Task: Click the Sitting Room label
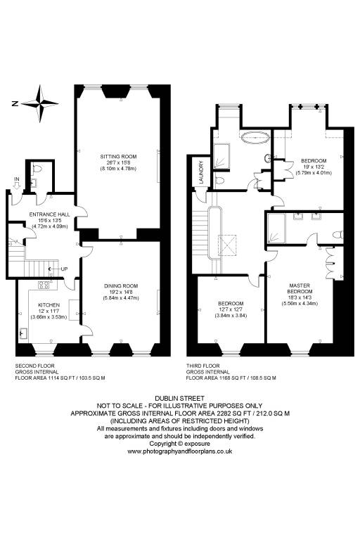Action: click(119, 157)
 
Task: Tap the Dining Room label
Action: click(121, 286)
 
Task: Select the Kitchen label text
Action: click(49, 305)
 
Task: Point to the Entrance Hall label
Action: click(50, 214)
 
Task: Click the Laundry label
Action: click(202, 172)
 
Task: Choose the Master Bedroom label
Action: click(300, 288)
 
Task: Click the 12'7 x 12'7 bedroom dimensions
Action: click(231, 309)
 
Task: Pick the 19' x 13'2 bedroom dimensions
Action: click(314, 167)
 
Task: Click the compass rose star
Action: click(40, 103)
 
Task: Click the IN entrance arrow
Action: click(17, 186)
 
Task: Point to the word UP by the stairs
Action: click(64, 269)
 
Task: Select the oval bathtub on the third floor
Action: click(255, 138)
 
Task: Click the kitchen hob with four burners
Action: click(44, 285)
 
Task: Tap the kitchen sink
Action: click(24, 333)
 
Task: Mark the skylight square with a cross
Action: click(228, 245)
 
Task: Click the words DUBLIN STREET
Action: click(179, 399)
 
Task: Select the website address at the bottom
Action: click(180, 451)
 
